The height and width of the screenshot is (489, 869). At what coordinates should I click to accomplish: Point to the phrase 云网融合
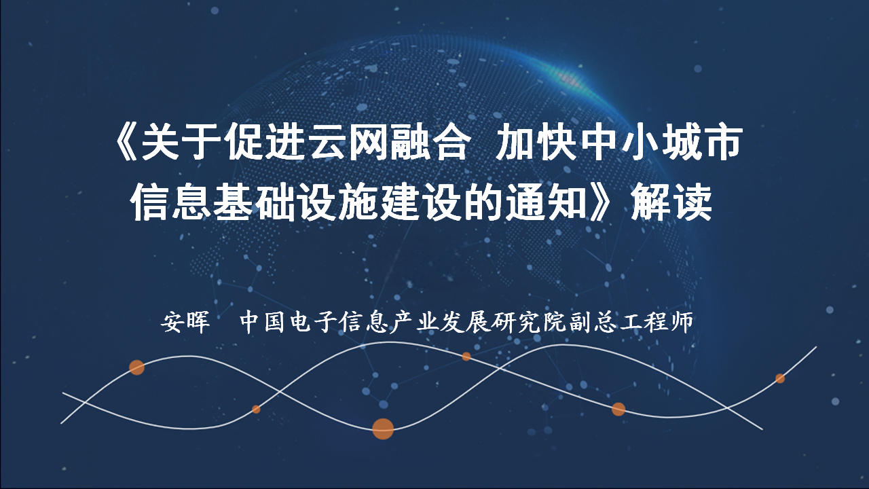coord(389,143)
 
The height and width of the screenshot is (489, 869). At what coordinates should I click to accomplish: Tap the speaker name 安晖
coord(185,322)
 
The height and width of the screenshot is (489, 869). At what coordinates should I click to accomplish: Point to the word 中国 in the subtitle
coord(264,322)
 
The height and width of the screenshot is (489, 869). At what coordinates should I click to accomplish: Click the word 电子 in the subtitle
coord(314,322)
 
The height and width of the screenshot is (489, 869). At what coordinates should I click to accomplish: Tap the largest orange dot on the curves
coord(383,429)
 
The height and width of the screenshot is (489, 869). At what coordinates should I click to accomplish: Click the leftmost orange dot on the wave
coord(136,367)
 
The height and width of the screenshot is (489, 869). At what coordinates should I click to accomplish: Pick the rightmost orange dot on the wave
coord(780,378)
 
